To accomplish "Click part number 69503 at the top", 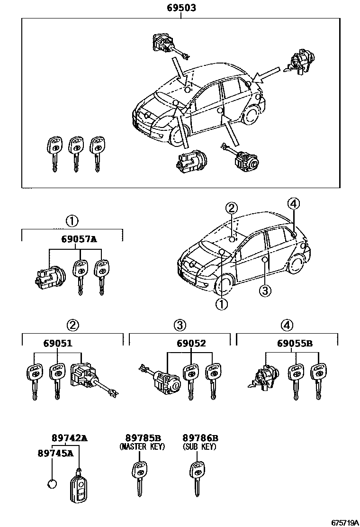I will (181, 8).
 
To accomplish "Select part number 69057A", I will (79, 239).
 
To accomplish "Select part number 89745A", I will (55, 453).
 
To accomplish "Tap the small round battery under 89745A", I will (52, 484).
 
